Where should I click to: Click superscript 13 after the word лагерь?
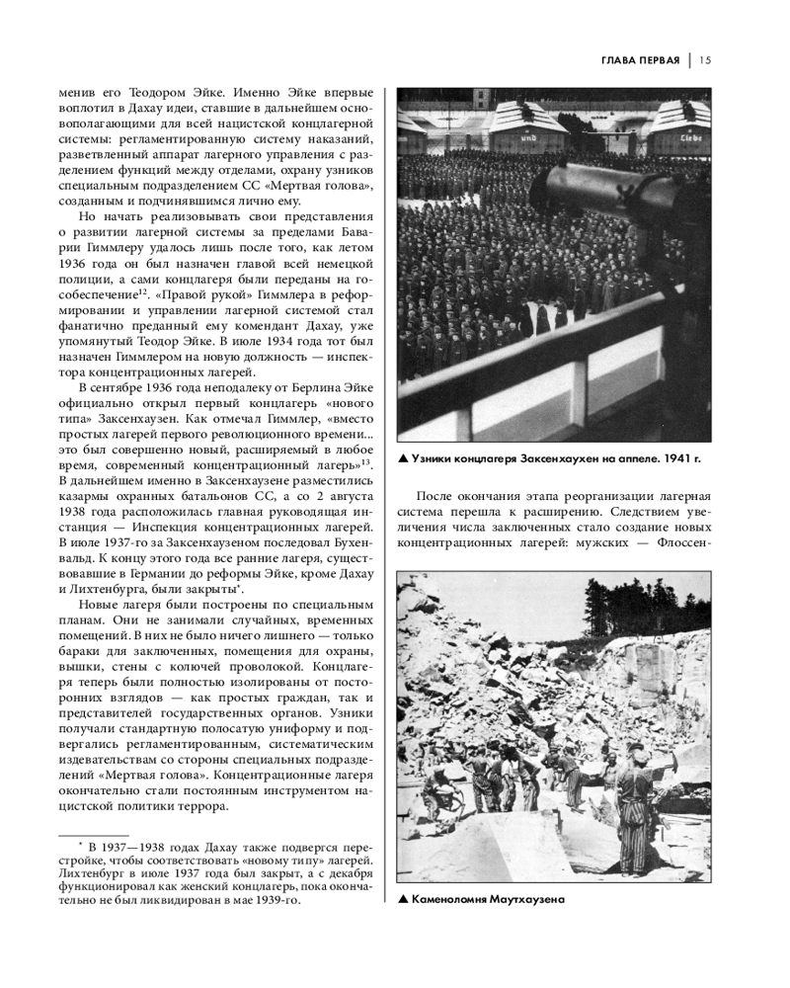(365, 459)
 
